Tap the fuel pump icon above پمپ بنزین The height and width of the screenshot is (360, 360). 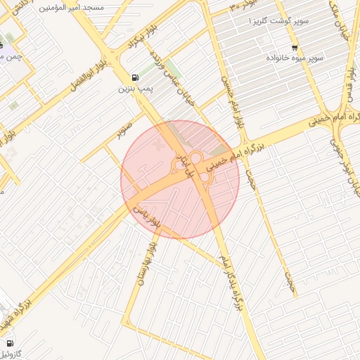134,77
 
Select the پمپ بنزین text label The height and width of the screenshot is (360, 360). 134,89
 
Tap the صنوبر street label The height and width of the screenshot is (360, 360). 125,131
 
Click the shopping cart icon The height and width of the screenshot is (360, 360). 292,49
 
